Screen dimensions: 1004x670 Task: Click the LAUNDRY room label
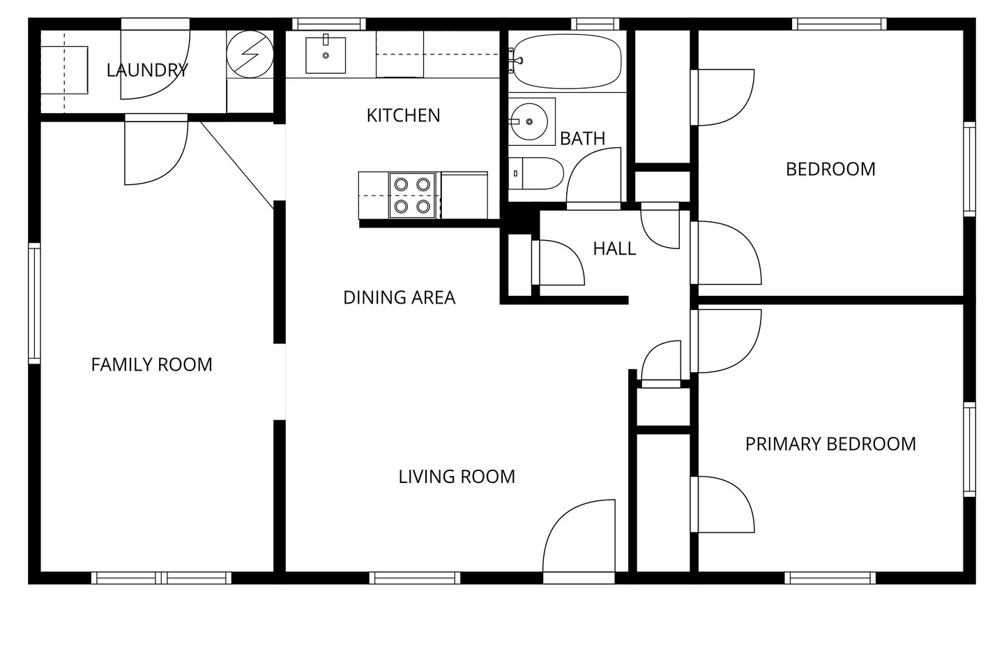(x=147, y=70)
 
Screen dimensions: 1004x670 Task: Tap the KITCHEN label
(x=404, y=116)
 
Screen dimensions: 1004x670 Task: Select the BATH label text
(x=583, y=139)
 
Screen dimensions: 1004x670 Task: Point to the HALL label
(x=614, y=248)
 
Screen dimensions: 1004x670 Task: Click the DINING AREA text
(x=400, y=297)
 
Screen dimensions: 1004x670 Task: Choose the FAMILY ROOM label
(x=151, y=365)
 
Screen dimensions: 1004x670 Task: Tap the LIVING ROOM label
(x=457, y=477)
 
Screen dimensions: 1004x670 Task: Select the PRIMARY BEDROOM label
(x=830, y=445)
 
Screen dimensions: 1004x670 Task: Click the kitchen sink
(x=326, y=54)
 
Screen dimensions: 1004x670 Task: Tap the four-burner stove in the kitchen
(x=412, y=195)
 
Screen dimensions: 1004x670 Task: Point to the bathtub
(x=567, y=61)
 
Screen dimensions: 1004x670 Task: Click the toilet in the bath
(x=536, y=173)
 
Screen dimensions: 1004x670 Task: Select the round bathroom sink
(x=529, y=121)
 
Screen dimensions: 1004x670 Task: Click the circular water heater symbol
(x=250, y=54)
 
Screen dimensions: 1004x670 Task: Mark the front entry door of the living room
(x=579, y=541)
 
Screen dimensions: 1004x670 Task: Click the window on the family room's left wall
(x=35, y=304)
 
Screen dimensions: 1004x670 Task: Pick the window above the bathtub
(x=595, y=24)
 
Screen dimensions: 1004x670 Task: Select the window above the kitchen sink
(x=329, y=24)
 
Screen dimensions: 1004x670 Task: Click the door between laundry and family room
(x=156, y=149)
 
